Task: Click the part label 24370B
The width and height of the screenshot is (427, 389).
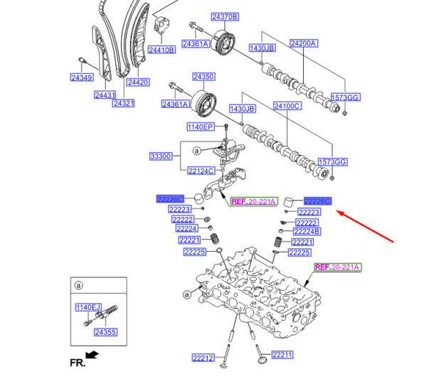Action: click(225, 16)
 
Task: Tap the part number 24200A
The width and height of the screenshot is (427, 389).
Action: click(304, 43)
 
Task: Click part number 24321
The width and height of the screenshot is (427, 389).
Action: click(123, 103)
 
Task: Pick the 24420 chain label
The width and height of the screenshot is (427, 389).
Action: click(138, 82)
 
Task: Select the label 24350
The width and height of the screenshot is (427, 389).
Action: click(203, 76)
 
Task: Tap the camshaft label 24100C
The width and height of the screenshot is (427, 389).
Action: click(288, 106)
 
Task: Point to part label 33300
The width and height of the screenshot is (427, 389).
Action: click(161, 155)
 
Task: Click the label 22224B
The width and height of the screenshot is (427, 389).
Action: click(307, 232)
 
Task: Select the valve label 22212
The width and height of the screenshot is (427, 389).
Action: click(203, 358)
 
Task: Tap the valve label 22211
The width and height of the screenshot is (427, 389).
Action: click(281, 354)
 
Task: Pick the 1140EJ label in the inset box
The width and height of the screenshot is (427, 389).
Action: click(88, 307)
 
